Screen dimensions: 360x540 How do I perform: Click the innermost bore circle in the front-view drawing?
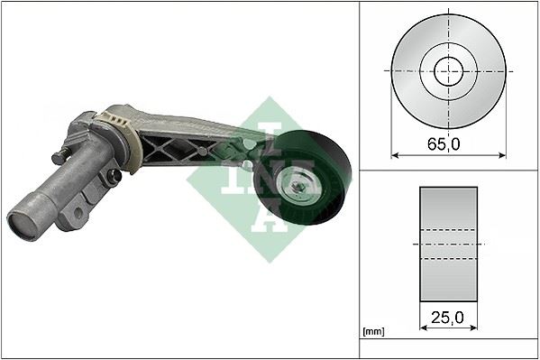tap(448, 70)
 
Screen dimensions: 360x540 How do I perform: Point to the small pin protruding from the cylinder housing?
tap(59, 157)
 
